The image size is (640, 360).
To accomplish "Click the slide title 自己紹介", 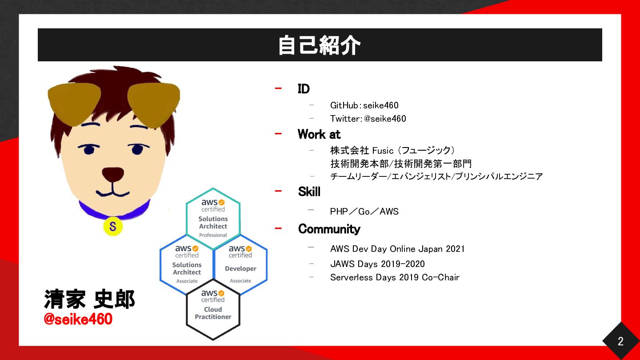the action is click(x=320, y=45).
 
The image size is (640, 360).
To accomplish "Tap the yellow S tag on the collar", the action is click(x=113, y=227).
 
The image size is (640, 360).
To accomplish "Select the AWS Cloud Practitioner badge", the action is click(x=213, y=309).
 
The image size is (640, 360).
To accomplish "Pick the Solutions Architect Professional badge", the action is click(x=213, y=219).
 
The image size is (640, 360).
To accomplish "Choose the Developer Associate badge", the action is click(x=240, y=264).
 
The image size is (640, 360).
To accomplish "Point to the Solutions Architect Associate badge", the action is click(x=187, y=264).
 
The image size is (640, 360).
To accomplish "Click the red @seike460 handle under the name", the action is click(x=78, y=319).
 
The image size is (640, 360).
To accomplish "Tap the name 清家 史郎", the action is click(x=89, y=299).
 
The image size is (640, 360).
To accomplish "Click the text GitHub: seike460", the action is click(x=364, y=105).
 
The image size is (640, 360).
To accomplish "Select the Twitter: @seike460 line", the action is click(x=368, y=119).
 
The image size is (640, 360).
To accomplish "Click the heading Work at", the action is click(x=319, y=134).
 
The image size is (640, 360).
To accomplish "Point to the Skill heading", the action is click(x=309, y=192).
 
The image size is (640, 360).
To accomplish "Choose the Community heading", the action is click(x=329, y=229).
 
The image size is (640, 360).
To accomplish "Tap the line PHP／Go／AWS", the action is click(x=364, y=212).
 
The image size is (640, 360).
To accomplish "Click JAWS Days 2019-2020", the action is click(x=377, y=264).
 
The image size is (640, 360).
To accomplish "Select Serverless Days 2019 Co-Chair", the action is click(x=395, y=277).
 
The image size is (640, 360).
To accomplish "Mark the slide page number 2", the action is click(x=620, y=341).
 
